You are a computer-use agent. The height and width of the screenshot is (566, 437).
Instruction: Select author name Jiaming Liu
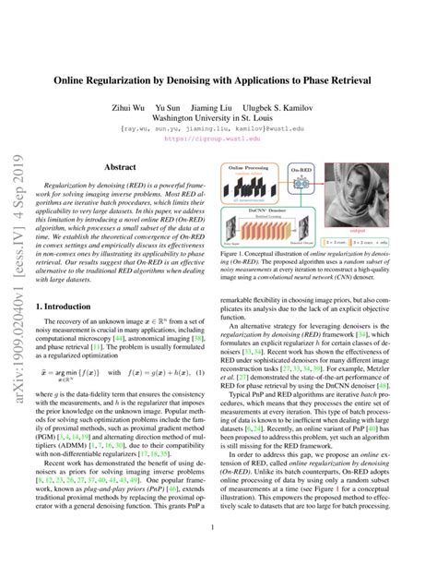(x=224, y=106)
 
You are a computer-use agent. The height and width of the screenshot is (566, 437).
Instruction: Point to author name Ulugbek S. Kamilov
(x=290, y=106)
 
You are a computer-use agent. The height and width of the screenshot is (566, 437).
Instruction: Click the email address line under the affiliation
(x=218, y=130)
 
